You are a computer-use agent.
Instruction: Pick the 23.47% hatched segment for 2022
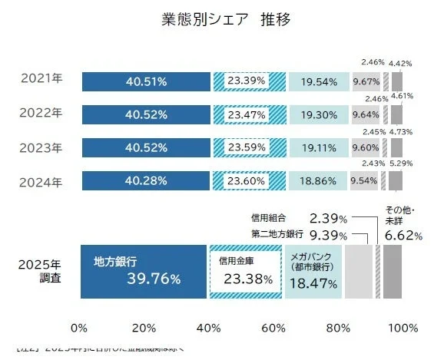249,115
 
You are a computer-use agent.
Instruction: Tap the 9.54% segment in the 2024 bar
363,181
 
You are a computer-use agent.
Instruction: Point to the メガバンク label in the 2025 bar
311,260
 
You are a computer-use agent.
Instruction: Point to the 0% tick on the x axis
79,328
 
